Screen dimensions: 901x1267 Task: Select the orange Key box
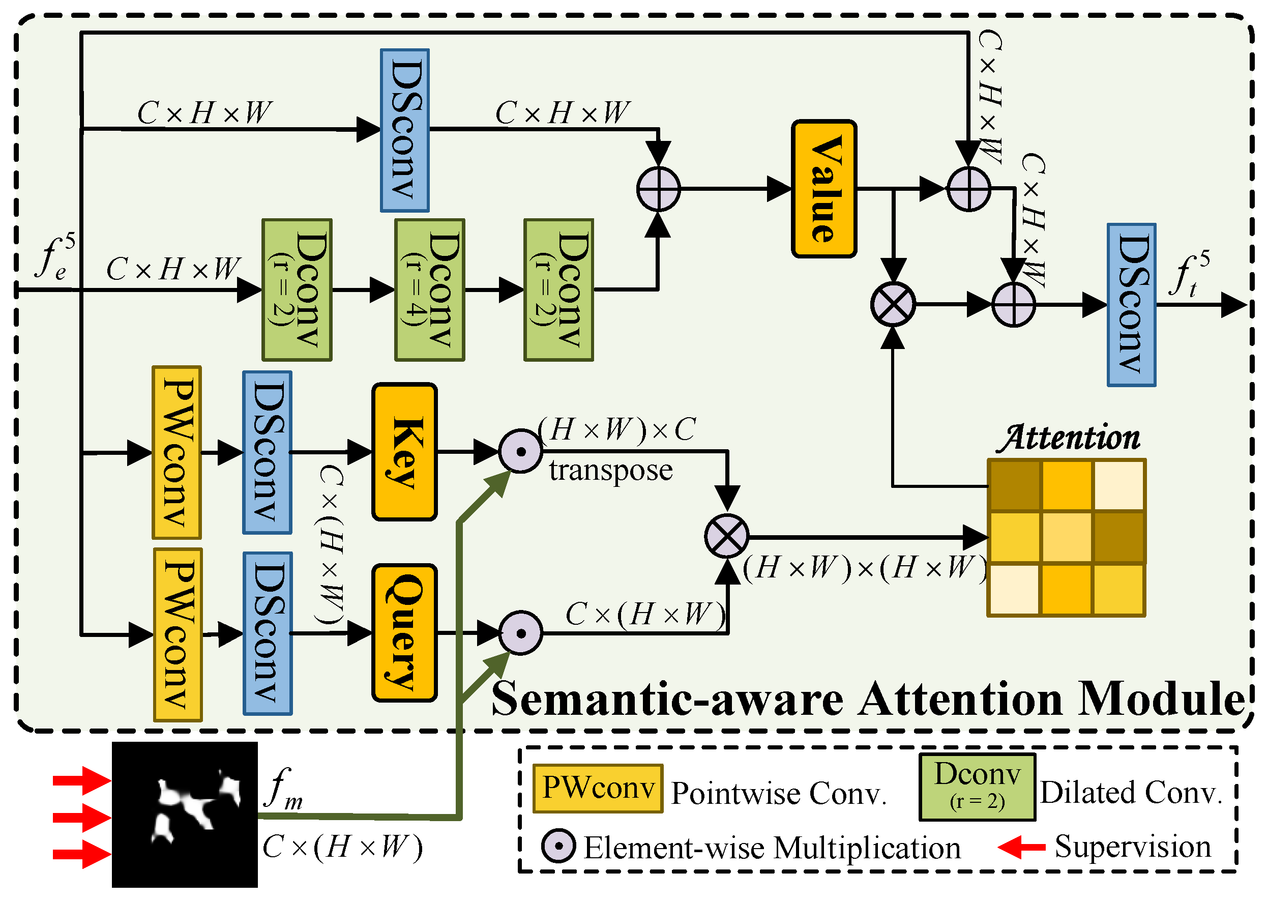(404, 452)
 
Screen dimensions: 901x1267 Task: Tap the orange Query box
(404, 632)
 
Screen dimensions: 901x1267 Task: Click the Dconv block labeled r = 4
(429, 289)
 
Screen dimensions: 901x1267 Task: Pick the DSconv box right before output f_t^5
(1131, 305)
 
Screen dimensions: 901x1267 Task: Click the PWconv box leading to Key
(176, 452)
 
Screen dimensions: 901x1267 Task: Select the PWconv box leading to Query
(178, 634)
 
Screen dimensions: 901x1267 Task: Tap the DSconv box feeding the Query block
(268, 633)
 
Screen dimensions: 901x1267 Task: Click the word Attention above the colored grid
(1068, 439)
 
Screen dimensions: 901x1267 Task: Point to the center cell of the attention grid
(1066, 537)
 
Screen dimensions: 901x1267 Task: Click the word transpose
(611, 471)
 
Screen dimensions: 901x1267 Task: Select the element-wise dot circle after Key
(520, 451)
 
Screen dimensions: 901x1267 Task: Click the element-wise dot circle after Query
(520, 632)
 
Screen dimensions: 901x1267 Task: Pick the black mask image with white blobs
(185, 815)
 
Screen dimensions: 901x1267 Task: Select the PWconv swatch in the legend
(598, 789)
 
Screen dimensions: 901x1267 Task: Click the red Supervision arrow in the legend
(1021, 847)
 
